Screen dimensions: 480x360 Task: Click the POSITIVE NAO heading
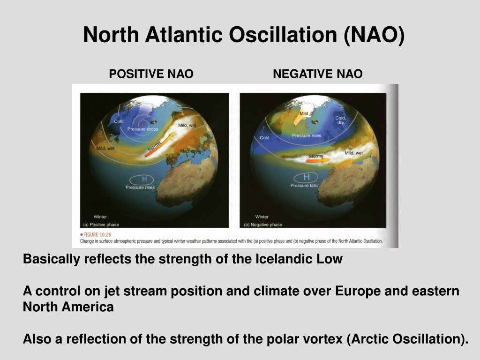(x=151, y=74)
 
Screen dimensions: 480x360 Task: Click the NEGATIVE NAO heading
(x=318, y=74)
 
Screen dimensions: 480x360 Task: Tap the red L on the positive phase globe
(x=143, y=124)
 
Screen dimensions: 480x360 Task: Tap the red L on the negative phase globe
(x=307, y=126)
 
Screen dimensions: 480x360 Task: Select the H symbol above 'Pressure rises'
(x=144, y=179)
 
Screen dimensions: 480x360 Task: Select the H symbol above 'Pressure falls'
(x=307, y=177)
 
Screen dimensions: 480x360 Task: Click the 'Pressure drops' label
(x=143, y=129)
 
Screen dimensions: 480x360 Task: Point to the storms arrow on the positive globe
(x=159, y=144)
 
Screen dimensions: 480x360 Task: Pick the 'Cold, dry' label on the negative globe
(x=340, y=120)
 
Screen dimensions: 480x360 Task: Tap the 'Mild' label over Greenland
(x=304, y=113)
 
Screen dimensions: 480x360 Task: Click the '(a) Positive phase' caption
(x=101, y=225)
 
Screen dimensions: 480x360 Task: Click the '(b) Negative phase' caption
(x=263, y=225)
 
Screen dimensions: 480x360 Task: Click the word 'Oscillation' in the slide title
(x=283, y=35)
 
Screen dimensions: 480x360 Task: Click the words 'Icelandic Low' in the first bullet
(x=299, y=259)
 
